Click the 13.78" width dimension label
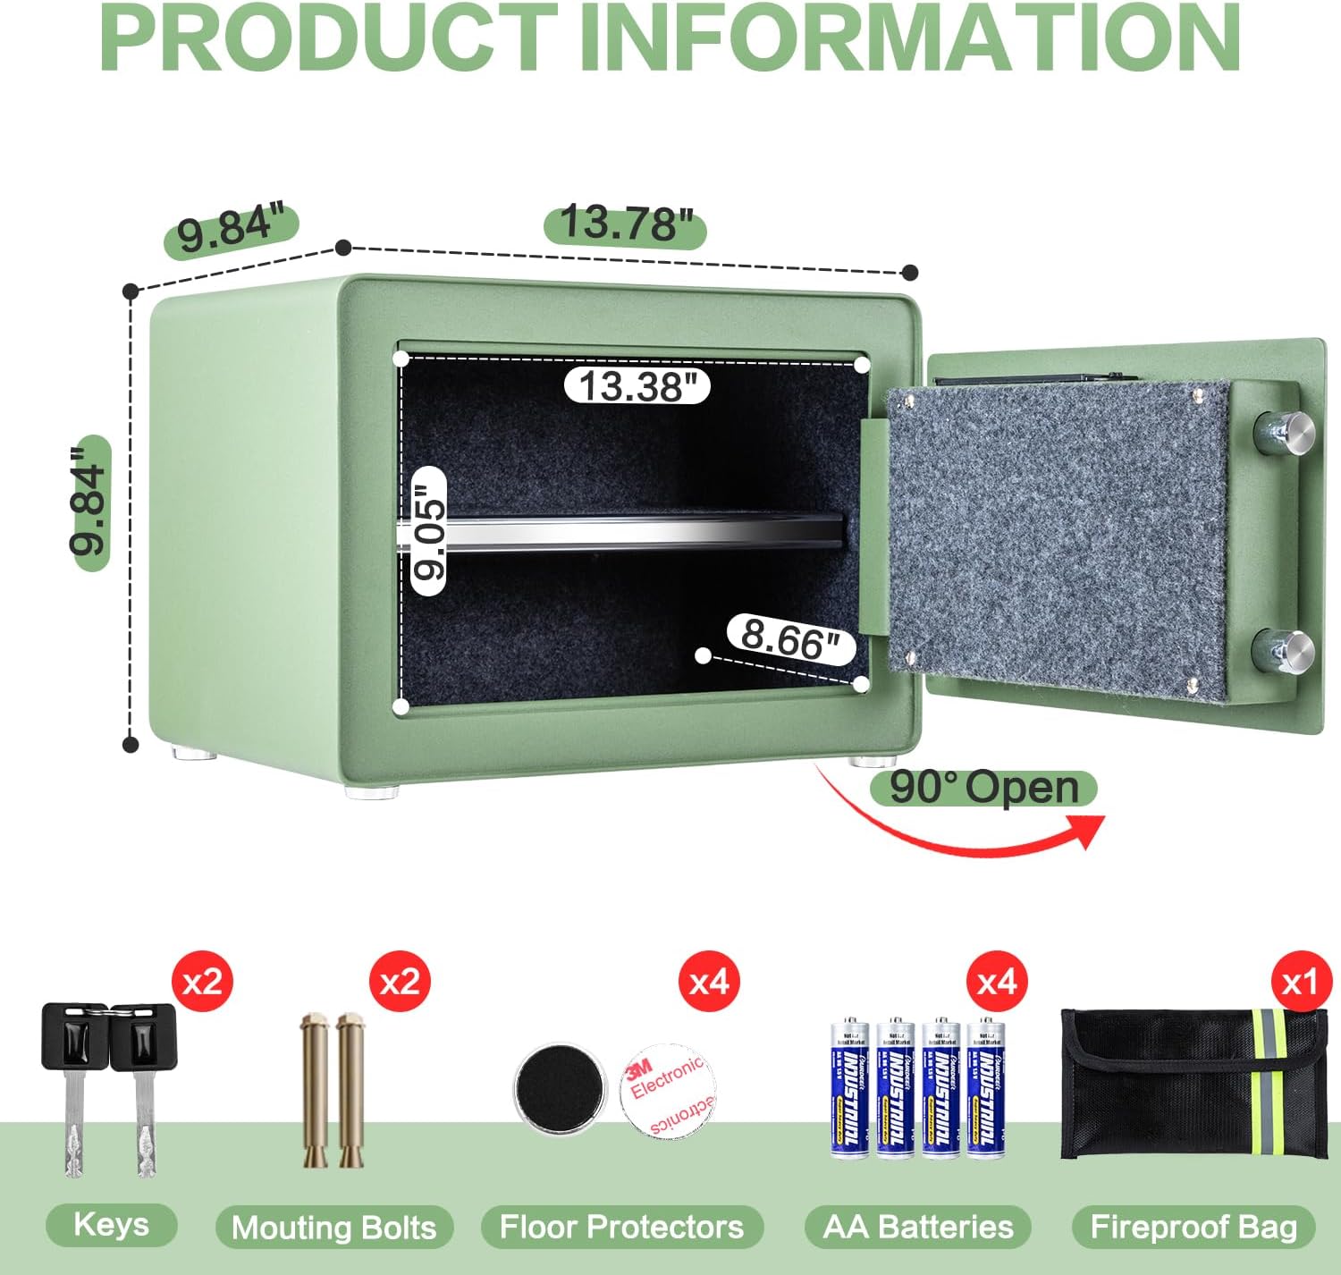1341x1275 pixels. [x=625, y=223]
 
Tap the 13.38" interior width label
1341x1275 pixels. [x=637, y=386]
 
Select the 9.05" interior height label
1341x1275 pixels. [x=428, y=532]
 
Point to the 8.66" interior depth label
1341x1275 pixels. [x=790, y=638]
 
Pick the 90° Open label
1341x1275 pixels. [x=983, y=788]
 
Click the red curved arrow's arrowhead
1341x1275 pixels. [x=1091, y=831]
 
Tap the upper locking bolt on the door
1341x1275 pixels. [x=1284, y=432]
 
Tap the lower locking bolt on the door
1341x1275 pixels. [x=1284, y=651]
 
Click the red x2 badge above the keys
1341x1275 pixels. [x=202, y=982]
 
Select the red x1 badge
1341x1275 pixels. [x=1300, y=982]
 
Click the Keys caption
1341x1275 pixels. [x=111, y=1224]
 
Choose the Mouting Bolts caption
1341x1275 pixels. [x=333, y=1228]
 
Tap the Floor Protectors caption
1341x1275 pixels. [x=621, y=1227]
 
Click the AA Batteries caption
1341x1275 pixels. [x=918, y=1227]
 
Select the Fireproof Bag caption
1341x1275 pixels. [x=1193, y=1227]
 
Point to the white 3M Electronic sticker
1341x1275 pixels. [x=669, y=1090]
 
